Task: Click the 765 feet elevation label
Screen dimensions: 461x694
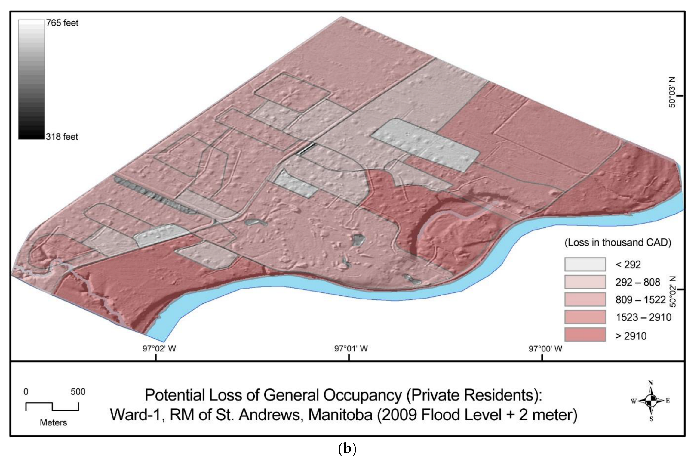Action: click(62, 23)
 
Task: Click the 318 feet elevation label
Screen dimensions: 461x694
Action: click(62, 137)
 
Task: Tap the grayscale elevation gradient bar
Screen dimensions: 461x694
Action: click(31, 79)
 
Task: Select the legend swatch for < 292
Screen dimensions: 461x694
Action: click(585, 264)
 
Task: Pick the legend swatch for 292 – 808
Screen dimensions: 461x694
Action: click(585, 282)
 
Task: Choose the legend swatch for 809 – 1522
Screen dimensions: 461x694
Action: click(585, 299)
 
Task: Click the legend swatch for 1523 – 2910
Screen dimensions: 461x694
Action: click(585, 317)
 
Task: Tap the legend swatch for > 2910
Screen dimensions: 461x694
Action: click(585, 335)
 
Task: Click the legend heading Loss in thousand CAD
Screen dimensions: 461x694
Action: click(618, 243)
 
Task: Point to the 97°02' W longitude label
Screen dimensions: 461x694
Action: click(159, 349)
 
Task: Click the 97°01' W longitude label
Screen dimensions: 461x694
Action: click(351, 349)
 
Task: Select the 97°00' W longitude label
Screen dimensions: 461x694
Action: click(545, 349)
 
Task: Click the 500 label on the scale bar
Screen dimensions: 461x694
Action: click(78, 392)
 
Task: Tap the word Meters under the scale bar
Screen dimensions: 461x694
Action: click(54, 423)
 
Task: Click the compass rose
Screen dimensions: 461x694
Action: click(650, 401)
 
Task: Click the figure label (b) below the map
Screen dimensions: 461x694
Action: click(347, 449)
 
